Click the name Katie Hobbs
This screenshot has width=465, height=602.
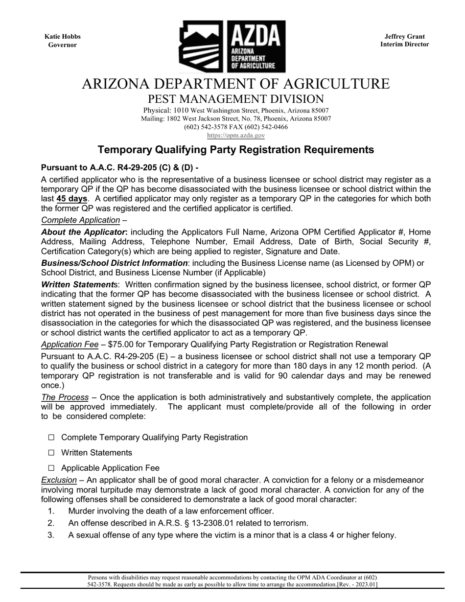63,37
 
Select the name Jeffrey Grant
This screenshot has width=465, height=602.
404,37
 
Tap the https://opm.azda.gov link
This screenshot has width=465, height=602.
236,135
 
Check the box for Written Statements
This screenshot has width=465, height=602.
51,453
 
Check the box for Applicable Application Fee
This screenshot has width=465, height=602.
51,468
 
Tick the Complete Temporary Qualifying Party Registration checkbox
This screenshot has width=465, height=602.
51,438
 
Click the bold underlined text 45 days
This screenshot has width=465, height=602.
72,199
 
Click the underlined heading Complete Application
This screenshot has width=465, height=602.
80,220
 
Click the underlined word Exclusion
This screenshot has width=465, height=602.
59,480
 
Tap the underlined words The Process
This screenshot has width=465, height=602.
65,397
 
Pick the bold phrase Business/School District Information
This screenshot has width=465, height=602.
114,263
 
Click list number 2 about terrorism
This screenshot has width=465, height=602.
50,523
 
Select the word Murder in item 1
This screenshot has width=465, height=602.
82,511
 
